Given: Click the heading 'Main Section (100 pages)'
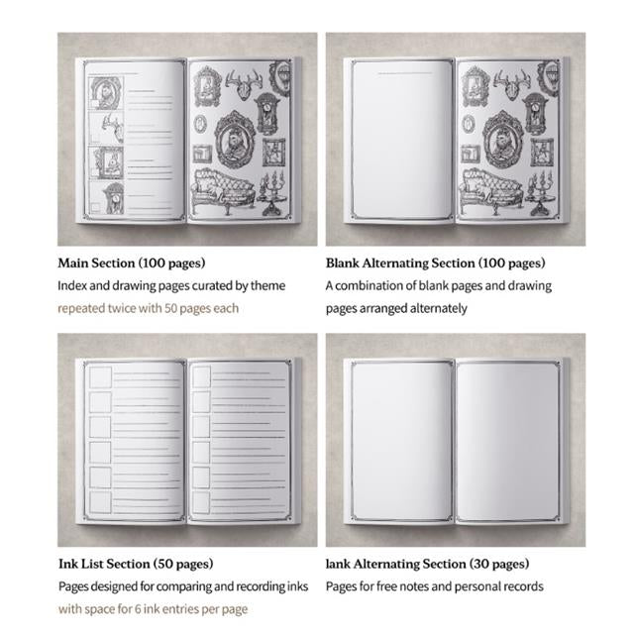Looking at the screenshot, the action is click(132, 264).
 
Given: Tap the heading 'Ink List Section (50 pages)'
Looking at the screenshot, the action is click(136, 564).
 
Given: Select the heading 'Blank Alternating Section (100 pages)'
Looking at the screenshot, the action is click(436, 264).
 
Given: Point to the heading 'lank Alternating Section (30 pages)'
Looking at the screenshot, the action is click(427, 564).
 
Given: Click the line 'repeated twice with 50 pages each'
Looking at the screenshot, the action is click(148, 308).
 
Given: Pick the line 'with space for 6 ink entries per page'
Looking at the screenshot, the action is click(153, 609).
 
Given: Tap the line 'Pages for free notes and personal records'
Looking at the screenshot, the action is click(435, 586).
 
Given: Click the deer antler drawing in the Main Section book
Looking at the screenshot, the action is click(244, 84).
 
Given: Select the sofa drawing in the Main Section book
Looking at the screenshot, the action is click(224, 190).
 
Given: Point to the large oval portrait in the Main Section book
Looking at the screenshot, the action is click(235, 139).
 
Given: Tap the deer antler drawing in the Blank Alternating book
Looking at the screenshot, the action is click(512, 84).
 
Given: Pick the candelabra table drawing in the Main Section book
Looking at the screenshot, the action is click(273, 193).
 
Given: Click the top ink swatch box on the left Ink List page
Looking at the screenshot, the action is click(100, 376).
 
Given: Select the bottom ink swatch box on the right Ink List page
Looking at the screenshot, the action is click(201, 502).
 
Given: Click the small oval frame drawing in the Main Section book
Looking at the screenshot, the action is click(201, 124).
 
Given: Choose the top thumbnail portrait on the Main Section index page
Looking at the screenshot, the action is click(106, 93).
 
